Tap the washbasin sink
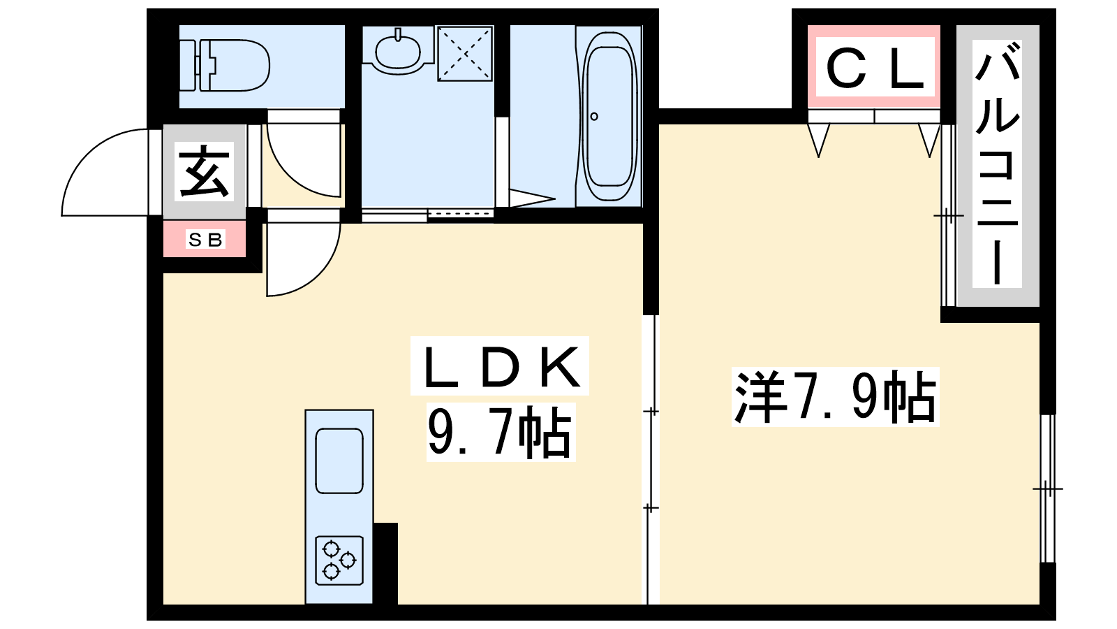[397, 52]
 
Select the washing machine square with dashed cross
[465, 53]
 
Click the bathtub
[609, 116]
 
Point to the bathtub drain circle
[594, 116]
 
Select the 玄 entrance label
[204, 171]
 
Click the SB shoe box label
[205, 240]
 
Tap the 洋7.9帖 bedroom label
[835, 396]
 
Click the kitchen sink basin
[339, 461]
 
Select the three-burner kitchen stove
[339, 560]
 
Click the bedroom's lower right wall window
[1048, 489]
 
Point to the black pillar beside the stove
[385, 563]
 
